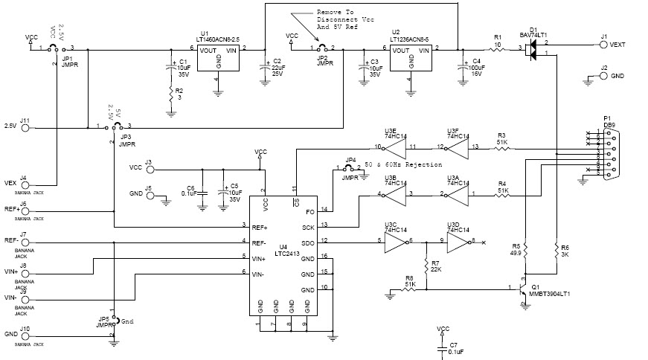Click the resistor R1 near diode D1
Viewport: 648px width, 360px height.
(497, 48)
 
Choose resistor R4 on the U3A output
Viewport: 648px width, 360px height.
(503, 196)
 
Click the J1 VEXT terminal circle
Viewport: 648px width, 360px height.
(603, 45)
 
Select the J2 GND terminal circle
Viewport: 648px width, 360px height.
(603, 76)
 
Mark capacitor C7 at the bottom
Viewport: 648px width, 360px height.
(443, 347)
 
